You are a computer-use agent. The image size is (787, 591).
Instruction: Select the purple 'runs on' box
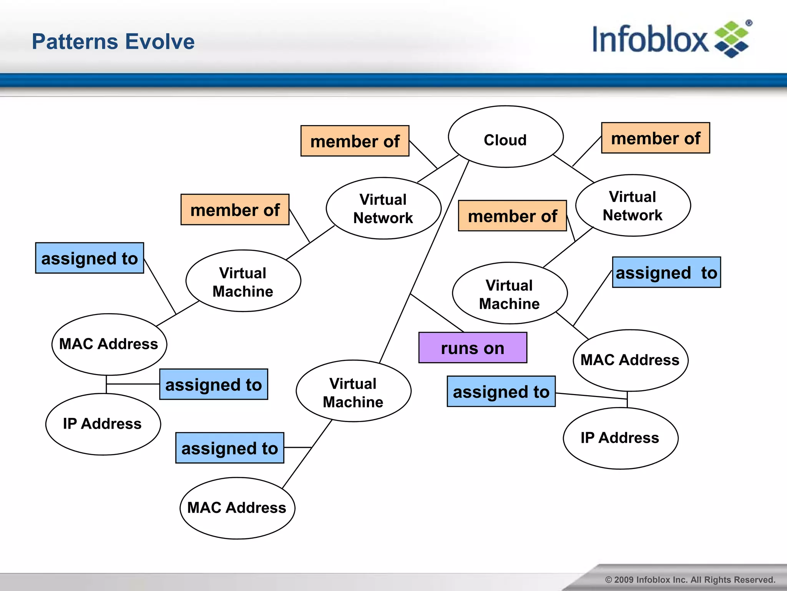(x=472, y=348)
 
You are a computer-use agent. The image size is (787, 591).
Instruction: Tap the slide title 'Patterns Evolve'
(x=113, y=42)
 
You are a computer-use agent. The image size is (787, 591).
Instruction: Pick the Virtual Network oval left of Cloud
(x=383, y=208)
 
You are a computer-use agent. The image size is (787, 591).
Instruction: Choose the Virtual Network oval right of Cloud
(x=633, y=205)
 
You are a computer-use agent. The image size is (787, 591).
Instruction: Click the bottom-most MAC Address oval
(x=237, y=508)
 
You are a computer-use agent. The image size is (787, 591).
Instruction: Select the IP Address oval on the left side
(x=103, y=424)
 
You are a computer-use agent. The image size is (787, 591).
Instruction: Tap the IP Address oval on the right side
(x=620, y=438)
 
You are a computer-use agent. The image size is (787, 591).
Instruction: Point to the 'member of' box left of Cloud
(x=355, y=141)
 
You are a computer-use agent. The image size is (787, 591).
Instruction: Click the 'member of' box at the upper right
(x=655, y=138)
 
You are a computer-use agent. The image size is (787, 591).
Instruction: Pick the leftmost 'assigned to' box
(x=90, y=258)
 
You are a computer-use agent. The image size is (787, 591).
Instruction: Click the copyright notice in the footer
(x=690, y=580)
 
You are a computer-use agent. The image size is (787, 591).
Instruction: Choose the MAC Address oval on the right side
(x=630, y=360)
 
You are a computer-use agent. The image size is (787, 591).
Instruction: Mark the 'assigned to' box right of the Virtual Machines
(x=666, y=272)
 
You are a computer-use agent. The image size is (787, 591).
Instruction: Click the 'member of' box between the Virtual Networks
(x=512, y=216)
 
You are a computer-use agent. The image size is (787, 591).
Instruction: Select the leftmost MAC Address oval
(x=109, y=344)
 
